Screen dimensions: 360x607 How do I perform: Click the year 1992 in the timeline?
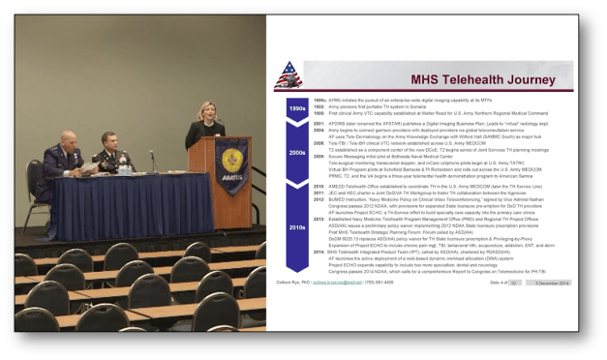tap(319, 105)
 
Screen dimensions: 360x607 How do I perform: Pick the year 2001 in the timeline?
tap(319, 124)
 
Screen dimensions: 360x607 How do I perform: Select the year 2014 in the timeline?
tap(319, 249)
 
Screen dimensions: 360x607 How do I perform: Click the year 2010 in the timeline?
tap(319, 185)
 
